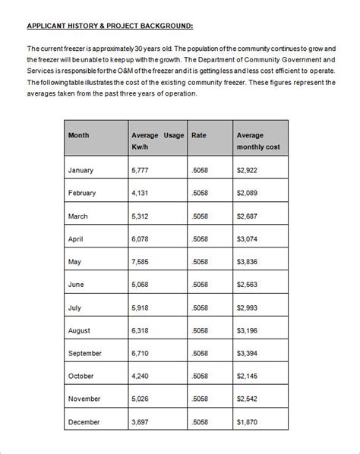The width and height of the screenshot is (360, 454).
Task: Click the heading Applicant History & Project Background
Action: tap(110, 26)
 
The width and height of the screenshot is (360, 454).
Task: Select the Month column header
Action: tap(79, 135)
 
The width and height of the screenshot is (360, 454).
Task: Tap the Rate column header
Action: tap(199, 135)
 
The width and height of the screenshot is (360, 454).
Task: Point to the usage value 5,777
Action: tap(141, 170)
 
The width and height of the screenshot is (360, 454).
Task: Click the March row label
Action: tap(78, 216)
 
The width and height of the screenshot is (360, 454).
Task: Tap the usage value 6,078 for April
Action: tap(141, 239)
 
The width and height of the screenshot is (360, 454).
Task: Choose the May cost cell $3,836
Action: tap(248, 262)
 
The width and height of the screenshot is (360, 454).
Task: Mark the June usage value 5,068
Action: tap(141, 285)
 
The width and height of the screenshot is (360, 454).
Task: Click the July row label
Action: tap(75, 307)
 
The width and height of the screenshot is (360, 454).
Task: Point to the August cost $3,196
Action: tap(248, 331)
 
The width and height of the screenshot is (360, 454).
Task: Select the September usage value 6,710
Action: tap(141, 354)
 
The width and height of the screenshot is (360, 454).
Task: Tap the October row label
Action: tap(81, 377)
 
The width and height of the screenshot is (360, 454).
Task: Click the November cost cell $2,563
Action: tap(248, 399)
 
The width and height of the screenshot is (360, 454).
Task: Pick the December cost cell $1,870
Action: tap(248, 422)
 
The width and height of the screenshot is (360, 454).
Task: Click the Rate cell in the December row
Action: tap(200, 422)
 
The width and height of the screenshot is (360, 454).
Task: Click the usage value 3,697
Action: tap(141, 422)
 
